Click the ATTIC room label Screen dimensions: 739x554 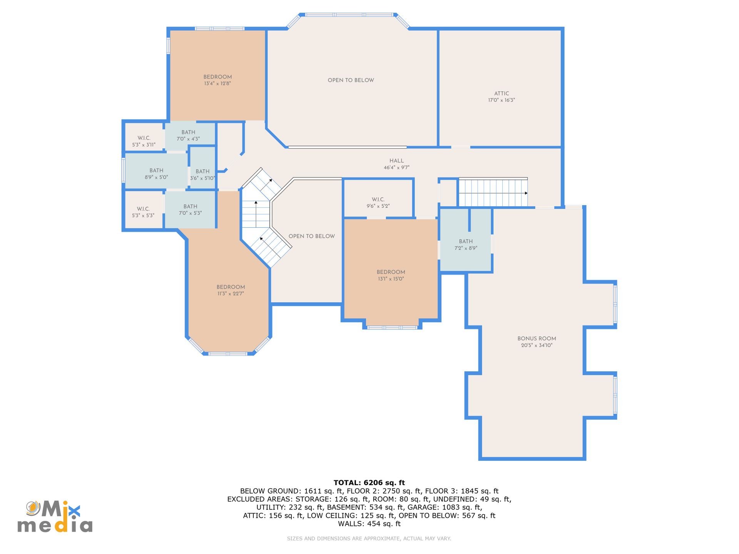point(502,93)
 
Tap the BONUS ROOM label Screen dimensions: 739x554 point(537,339)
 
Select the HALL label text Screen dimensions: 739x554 point(396,161)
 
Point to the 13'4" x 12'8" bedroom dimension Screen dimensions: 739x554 point(217,83)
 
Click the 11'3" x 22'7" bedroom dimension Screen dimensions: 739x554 point(231,294)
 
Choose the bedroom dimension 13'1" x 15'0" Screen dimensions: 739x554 point(391,279)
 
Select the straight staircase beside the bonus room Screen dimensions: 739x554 point(493,192)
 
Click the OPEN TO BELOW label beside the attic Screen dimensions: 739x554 point(351,80)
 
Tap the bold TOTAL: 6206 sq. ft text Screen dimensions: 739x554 point(369,482)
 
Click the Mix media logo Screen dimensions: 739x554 point(55,517)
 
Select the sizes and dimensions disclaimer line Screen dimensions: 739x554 point(369,539)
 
